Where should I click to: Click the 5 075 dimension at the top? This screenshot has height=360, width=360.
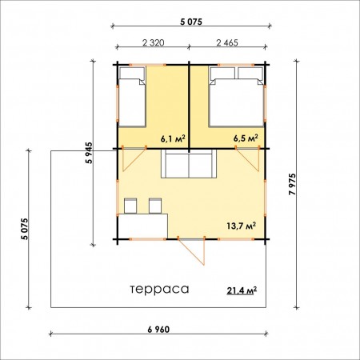(191, 22)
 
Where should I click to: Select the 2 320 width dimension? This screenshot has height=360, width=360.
(154, 42)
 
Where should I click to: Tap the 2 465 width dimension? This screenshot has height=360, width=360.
(227, 42)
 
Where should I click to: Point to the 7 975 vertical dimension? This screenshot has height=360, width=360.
(293, 184)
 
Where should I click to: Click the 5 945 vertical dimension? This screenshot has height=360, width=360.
(89, 153)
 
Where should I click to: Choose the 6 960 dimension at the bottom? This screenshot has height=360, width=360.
(158, 330)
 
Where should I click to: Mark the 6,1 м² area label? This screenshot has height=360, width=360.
(173, 138)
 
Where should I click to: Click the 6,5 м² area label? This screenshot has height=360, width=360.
(246, 138)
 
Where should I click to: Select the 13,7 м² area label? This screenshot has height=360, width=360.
(242, 226)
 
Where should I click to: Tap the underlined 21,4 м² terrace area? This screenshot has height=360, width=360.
(242, 290)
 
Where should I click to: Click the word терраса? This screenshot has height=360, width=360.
(160, 290)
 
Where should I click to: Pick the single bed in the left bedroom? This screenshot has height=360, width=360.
(132, 97)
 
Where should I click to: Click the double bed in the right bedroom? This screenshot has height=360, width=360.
(237, 97)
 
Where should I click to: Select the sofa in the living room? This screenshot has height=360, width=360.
(189, 164)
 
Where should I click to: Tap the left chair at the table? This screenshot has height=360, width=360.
(130, 206)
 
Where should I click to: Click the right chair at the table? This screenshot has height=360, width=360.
(155, 206)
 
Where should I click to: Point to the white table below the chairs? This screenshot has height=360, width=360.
(142, 226)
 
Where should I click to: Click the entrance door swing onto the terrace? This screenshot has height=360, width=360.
(192, 252)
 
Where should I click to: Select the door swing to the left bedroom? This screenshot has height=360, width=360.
(134, 159)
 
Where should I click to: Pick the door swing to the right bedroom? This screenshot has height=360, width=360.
(248, 159)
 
